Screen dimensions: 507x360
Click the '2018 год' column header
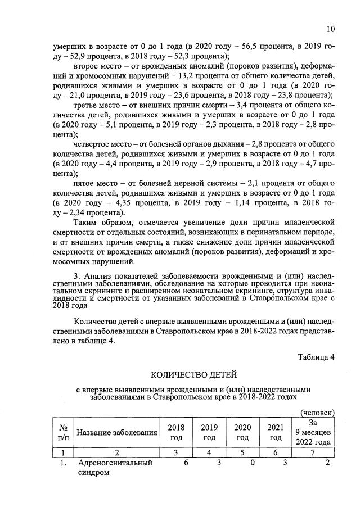coord(176,432)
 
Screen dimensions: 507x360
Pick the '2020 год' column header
coord(242,432)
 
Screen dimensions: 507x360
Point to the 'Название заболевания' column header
coord(116,432)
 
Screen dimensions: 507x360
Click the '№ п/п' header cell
coord(63,432)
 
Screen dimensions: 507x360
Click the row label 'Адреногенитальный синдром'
coord(106,468)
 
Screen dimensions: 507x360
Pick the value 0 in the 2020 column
coord(253,463)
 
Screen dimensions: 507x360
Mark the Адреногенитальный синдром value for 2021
coord(285,463)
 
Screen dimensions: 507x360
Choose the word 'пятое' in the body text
coord(84,183)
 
